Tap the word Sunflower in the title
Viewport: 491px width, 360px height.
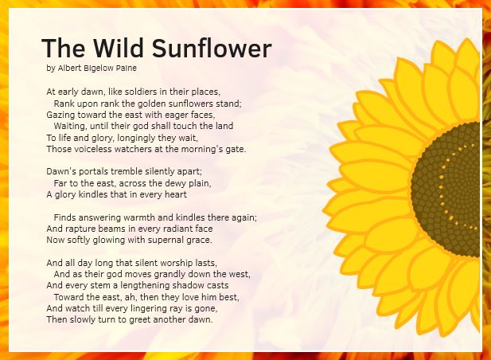(212, 48)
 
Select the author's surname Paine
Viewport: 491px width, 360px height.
(127, 68)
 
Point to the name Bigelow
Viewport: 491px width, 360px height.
(99, 68)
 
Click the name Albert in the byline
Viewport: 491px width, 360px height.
(69, 68)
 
